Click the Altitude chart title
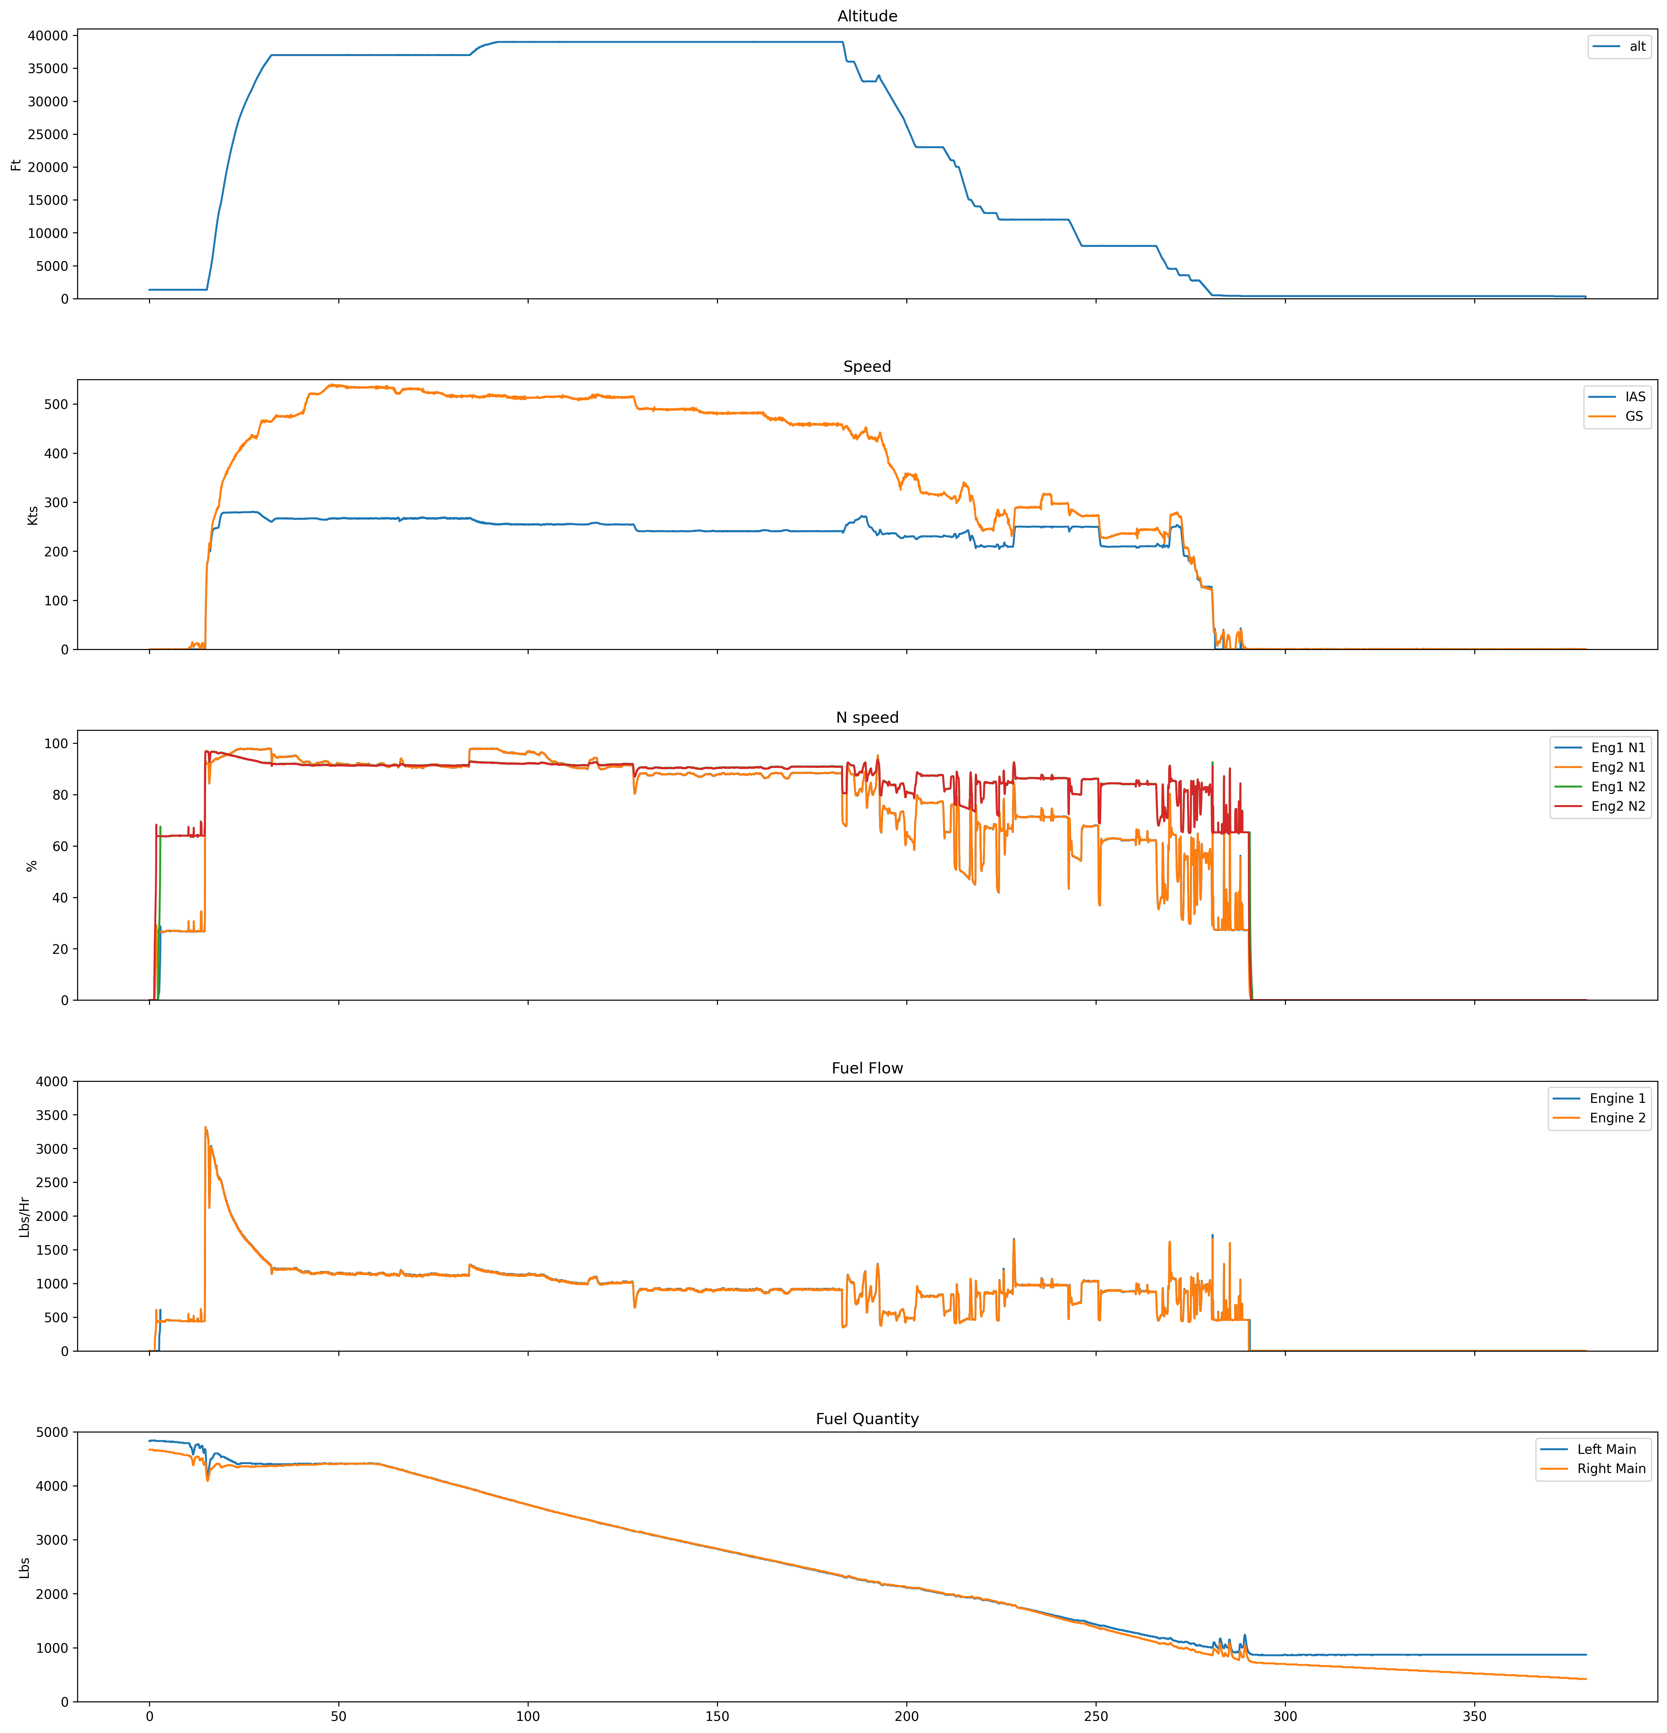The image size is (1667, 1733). pyautogui.click(x=867, y=16)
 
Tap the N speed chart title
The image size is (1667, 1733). pyautogui.click(x=867, y=717)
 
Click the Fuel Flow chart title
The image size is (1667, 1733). pyautogui.click(x=867, y=1068)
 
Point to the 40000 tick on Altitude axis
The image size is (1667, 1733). pyautogui.click(x=49, y=35)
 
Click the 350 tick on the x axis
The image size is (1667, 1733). pyautogui.click(x=1474, y=1717)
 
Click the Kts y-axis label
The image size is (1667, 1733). pyautogui.click(x=33, y=515)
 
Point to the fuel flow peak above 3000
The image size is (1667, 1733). pyautogui.click(x=205, y=1127)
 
